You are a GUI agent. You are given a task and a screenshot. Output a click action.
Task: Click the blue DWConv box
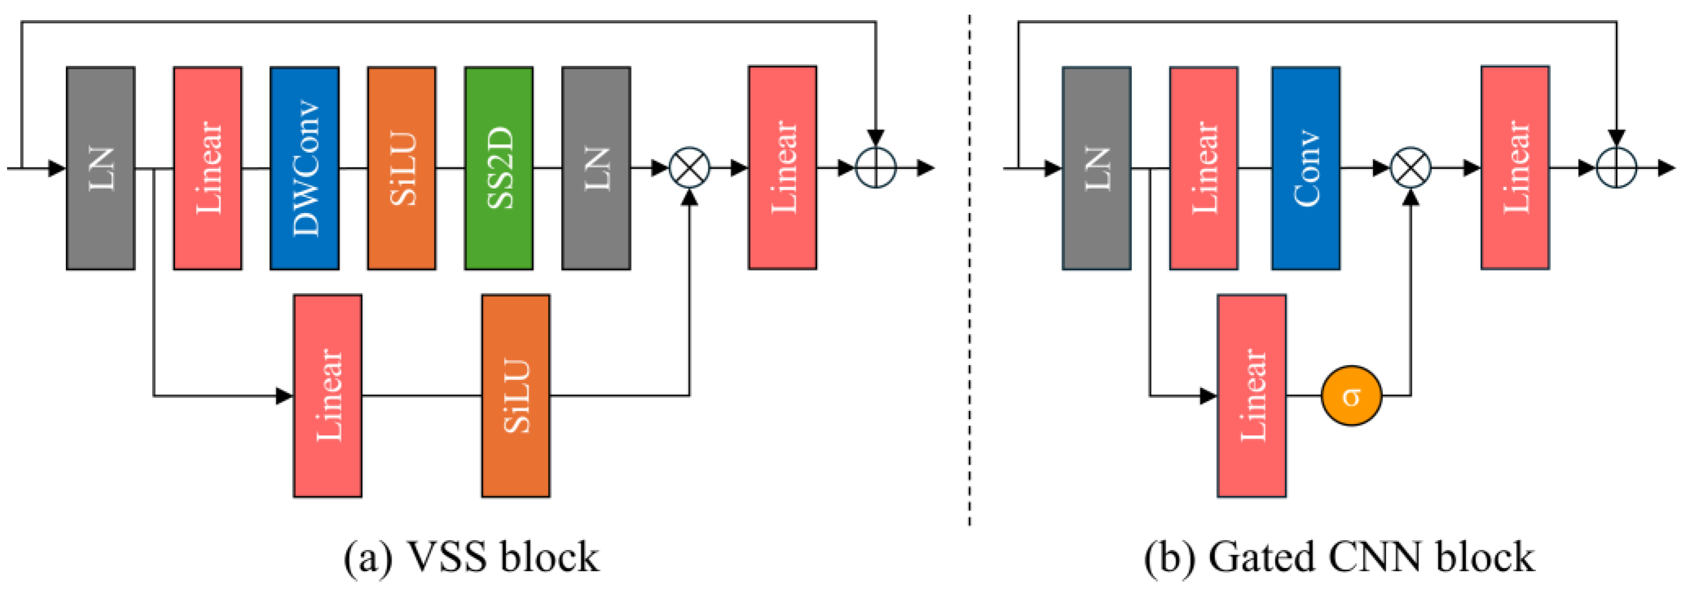tap(304, 168)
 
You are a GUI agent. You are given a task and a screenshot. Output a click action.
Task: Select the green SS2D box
tap(499, 168)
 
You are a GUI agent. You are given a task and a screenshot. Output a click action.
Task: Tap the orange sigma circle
tap(1351, 396)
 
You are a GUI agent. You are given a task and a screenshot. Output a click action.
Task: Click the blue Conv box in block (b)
tap(1306, 168)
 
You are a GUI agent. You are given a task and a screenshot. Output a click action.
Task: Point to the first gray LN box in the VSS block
tap(100, 168)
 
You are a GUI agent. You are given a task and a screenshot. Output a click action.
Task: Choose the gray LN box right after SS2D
tap(596, 168)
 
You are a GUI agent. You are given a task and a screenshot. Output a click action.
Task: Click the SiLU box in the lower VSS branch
tap(515, 396)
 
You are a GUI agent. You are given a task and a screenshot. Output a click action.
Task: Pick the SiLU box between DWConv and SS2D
tap(401, 168)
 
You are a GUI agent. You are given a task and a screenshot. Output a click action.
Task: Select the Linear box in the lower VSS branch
tap(327, 396)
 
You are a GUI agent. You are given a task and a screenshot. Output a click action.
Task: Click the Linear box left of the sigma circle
tap(1251, 396)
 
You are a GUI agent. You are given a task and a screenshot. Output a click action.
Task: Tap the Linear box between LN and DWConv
tap(207, 168)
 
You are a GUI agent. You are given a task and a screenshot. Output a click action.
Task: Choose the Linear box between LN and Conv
tap(1203, 168)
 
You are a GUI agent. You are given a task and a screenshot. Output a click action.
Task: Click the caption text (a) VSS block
tap(471, 557)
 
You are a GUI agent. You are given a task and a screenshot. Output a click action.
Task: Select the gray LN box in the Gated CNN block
tap(1096, 168)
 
